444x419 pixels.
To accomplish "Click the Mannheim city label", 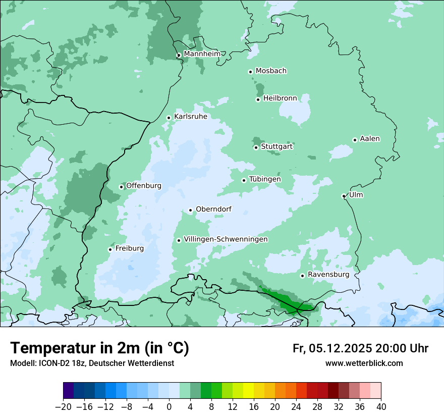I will [202, 54].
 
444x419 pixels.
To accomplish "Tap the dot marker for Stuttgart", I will [256, 147].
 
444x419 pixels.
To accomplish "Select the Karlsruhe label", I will [190, 117].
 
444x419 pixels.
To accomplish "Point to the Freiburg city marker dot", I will [110, 249].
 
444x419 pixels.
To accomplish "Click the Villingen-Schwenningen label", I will [226, 239].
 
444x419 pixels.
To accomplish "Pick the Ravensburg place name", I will [328, 275].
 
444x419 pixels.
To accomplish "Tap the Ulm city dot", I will [344, 196].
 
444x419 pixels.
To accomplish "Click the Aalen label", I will [370, 139].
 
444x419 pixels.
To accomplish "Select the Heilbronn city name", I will [280, 98].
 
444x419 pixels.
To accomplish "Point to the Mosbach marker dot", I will [250, 72].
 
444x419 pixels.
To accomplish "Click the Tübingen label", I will [265, 179].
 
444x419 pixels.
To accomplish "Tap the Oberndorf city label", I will [213, 209].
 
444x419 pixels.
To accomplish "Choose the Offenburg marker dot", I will [121, 187].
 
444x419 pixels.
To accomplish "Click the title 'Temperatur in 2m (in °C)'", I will [99, 348].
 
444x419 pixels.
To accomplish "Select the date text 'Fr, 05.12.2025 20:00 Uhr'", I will [360, 348].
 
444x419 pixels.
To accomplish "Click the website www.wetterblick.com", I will [364, 363].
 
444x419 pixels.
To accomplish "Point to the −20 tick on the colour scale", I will [63, 407].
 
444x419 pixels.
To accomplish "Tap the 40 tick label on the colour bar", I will [381, 407].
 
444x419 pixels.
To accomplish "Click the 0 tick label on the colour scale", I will [169, 407].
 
